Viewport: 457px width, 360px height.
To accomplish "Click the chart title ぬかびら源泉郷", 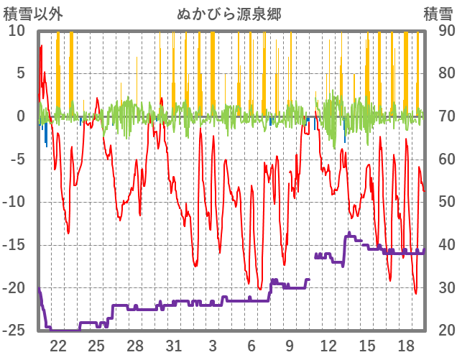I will tap(228, 14).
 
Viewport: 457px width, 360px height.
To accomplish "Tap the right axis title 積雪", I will tap(437, 14).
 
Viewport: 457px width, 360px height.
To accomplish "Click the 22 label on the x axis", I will tap(58, 345).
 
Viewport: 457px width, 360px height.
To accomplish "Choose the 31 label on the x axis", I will tap(174, 345).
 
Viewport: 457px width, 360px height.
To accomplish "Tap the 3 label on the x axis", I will tap(213, 345).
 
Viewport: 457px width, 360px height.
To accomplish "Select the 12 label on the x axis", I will tap(328, 345).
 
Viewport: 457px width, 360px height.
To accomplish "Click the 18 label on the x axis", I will tap(405, 345).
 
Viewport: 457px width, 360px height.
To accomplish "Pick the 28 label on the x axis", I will tap(135, 345).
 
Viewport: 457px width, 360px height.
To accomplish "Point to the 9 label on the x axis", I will tap(290, 345).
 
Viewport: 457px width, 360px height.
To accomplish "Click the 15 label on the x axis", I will tap(366, 345).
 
